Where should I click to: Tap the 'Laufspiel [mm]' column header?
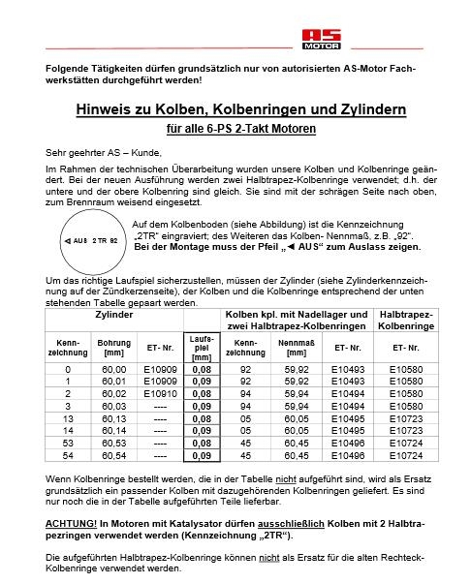[x=203, y=348]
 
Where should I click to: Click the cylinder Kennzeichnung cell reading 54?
[x=67, y=455]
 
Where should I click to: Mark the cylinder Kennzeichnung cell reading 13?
[x=67, y=418]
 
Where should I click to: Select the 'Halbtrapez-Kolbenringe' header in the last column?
[x=406, y=322]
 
